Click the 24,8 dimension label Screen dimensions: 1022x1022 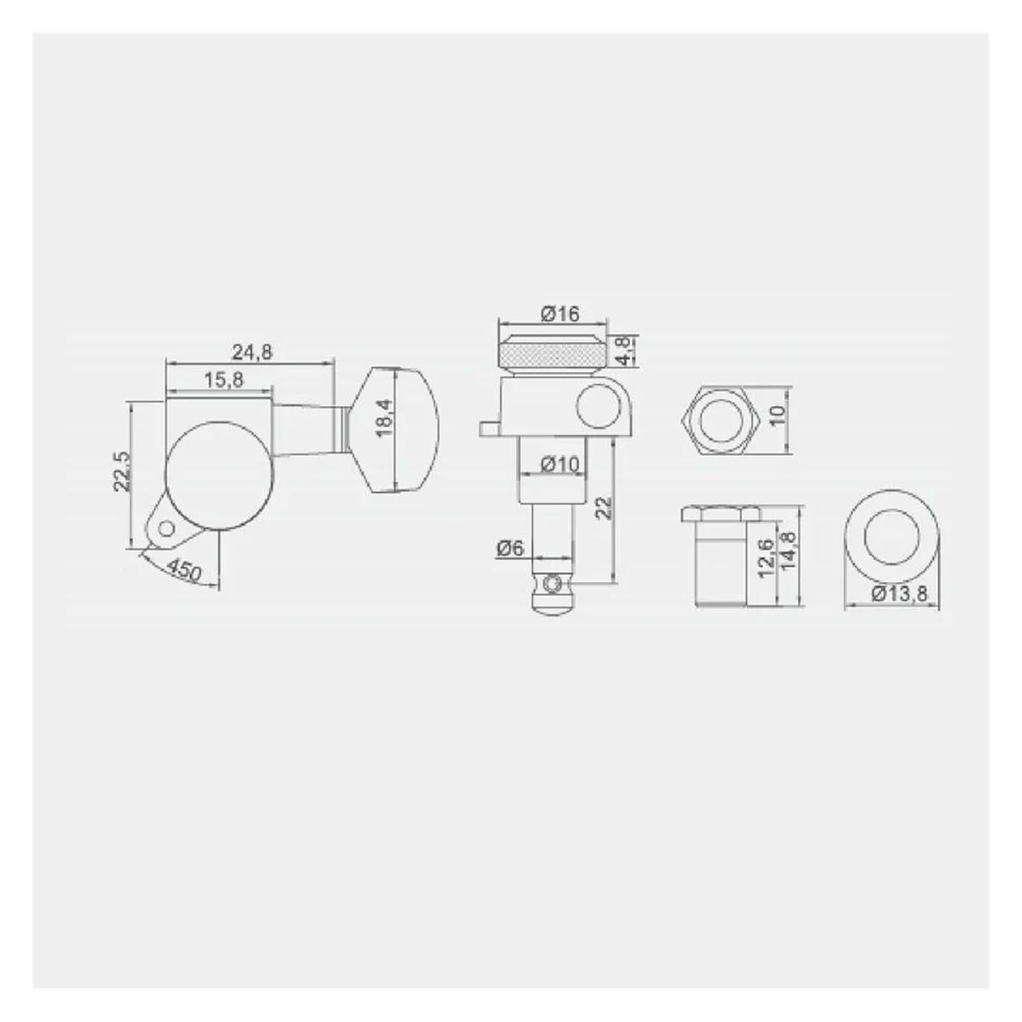[252, 352]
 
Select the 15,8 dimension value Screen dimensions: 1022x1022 [224, 380]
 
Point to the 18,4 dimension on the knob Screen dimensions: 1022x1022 [383, 418]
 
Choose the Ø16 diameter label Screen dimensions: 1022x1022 [560, 314]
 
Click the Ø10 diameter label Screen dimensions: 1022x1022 [560, 464]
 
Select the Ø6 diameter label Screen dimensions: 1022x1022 [509, 547]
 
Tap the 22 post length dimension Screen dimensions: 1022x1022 [604, 508]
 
